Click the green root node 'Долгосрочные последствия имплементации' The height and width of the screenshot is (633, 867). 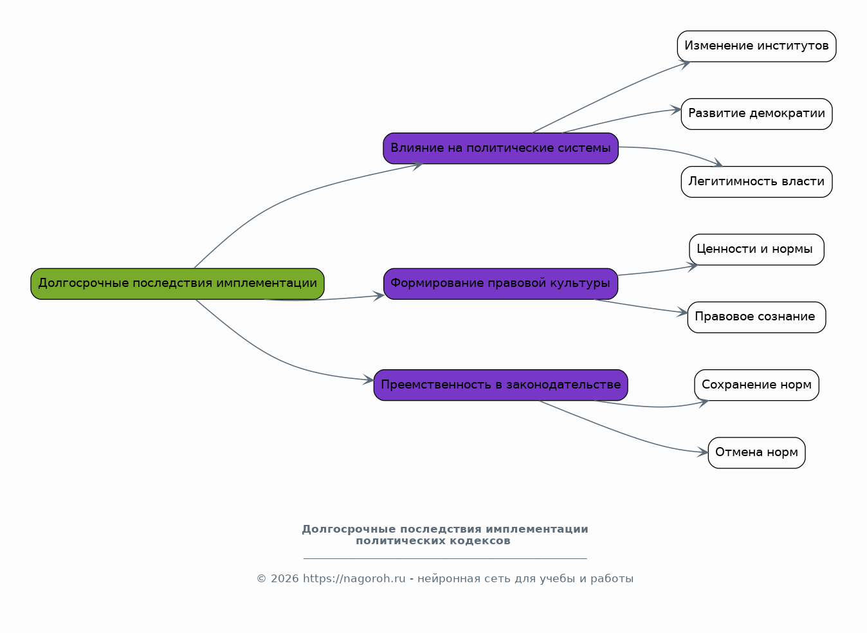pos(178,284)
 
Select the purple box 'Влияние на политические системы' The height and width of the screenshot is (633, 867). pos(500,149)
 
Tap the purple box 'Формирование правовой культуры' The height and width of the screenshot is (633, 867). pos(500,284)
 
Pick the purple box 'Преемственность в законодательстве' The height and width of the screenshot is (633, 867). pos(500,385)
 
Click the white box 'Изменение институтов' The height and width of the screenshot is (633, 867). pos(756,46)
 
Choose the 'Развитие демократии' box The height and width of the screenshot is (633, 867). pos(756,114)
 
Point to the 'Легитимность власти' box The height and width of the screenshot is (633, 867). pos(756,182)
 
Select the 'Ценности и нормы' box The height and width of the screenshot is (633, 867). pos(756,250)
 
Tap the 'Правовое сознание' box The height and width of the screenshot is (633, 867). pos(756,317)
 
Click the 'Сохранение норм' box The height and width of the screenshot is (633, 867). pos(756,385)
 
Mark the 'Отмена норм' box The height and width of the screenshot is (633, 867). pos(756,453)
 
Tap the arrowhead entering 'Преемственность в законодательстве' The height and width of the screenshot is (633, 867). pos(369,380)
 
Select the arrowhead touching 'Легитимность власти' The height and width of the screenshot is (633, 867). pos(718,163)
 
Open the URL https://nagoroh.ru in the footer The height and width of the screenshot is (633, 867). pos(354,579)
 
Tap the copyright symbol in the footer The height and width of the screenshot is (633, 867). pos(261,579)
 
